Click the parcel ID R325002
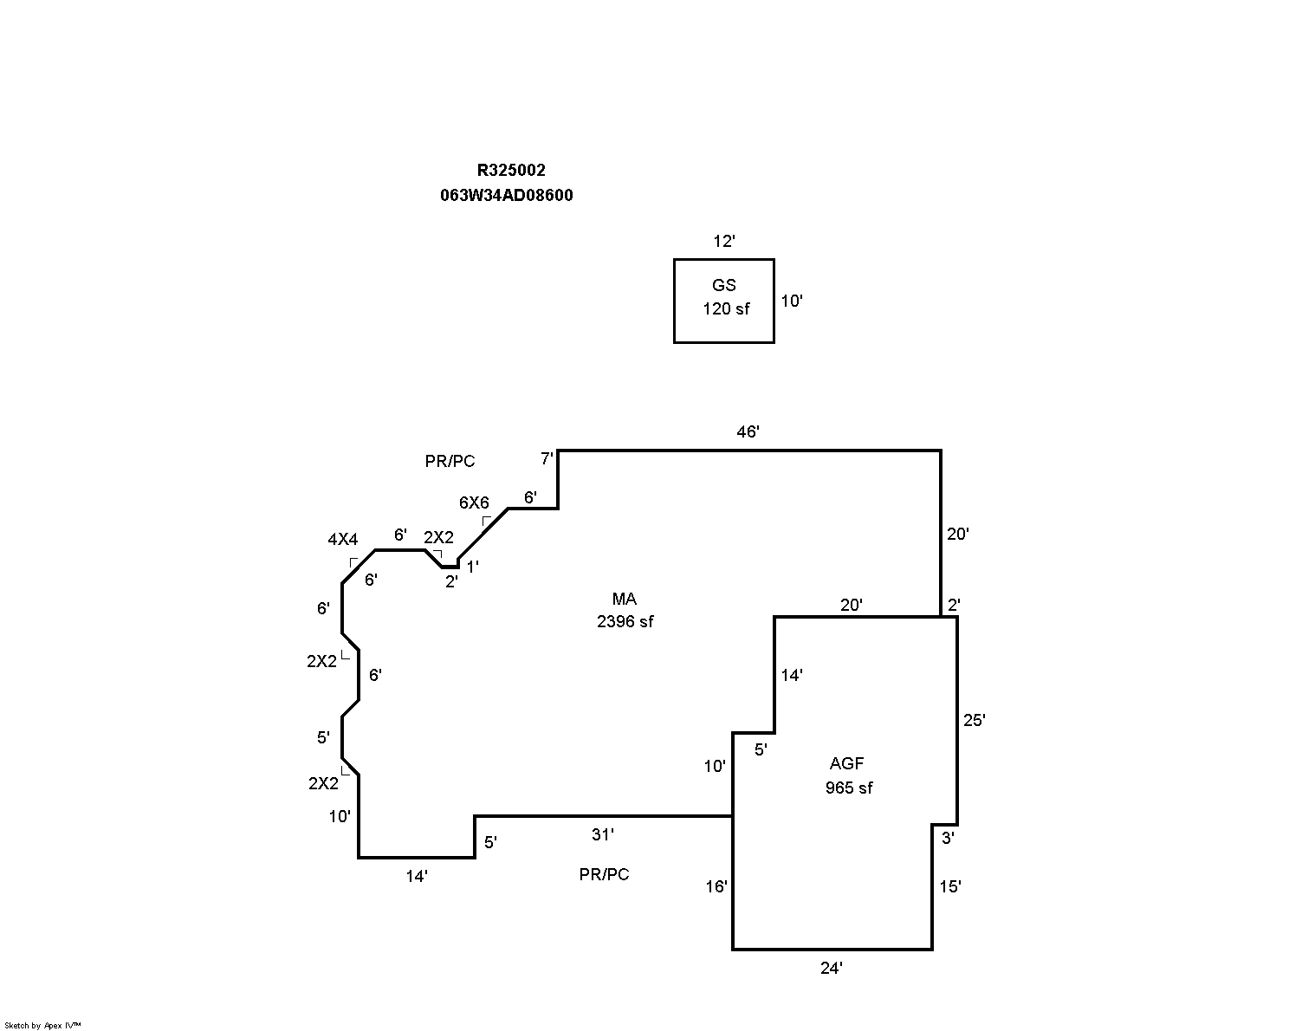(x=511, y=171)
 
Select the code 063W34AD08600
(x=506, y=196)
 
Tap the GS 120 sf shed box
(x=724, y=300)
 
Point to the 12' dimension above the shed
(x=723, y=242)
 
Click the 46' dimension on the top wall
(x=748, y=431)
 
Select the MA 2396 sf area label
(x=625, y=610)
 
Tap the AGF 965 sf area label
(x=848, y=775)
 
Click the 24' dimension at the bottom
(x=831, y=969)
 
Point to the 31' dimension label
(x=602, y=834)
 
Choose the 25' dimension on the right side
(x=974, y=720)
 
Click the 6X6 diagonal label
(x=474, y=503)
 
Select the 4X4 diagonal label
(x=342, y=539)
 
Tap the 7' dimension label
(x=547, y=457)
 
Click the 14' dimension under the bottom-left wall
(x=417, y=876)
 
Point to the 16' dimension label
(x=716, y=886)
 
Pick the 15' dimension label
(x=950, y=886)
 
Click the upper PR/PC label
(x=450, y=462)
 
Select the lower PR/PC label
(x=604, y=875)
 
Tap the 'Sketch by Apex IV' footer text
(x=42, y=1025)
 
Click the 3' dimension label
(x=948, y=838)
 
